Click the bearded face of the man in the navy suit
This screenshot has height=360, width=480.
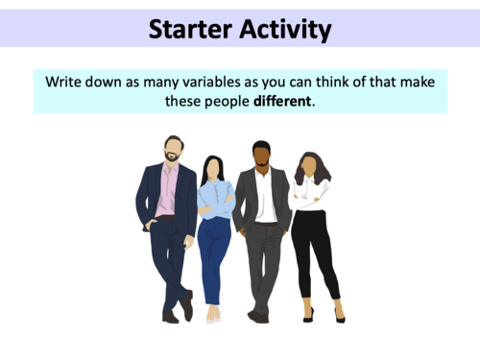(173, 151)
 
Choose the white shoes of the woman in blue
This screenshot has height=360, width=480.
(212, 314)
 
